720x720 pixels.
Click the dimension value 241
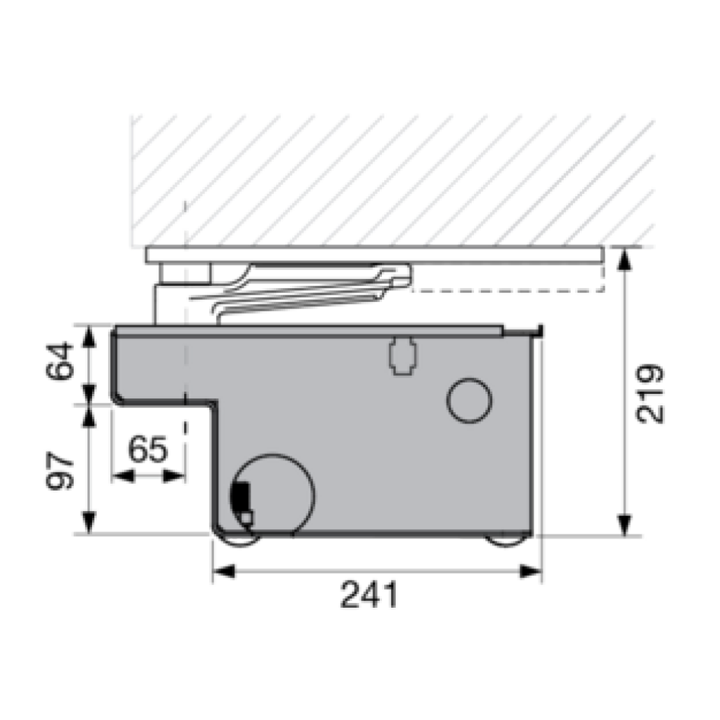pyautogui.click(x=369, y=595)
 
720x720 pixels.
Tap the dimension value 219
pyautogui.click(x=650, y=393)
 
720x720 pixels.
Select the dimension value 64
pyautogui.click(x=60, y=361)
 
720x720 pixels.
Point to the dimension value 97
pyautogui.click(x=60, y=471)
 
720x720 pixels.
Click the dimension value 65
pyautogui.click(x=148, y=449)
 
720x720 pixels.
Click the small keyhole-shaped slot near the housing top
pyautogui.click(x=403, y=357)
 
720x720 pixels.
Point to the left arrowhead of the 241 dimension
pyautogui.click(x=224, y=572)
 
